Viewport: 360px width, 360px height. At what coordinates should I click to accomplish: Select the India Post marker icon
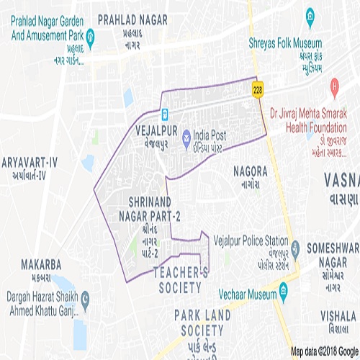coord(186,135)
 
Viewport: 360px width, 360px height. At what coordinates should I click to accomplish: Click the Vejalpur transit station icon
coord(165,114)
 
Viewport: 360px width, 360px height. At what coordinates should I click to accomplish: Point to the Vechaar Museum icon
coord(284,295)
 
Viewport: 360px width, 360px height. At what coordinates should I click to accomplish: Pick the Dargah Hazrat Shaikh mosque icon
coord(86,297)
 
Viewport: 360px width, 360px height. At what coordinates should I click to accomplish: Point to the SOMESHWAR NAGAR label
coord(333,253)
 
